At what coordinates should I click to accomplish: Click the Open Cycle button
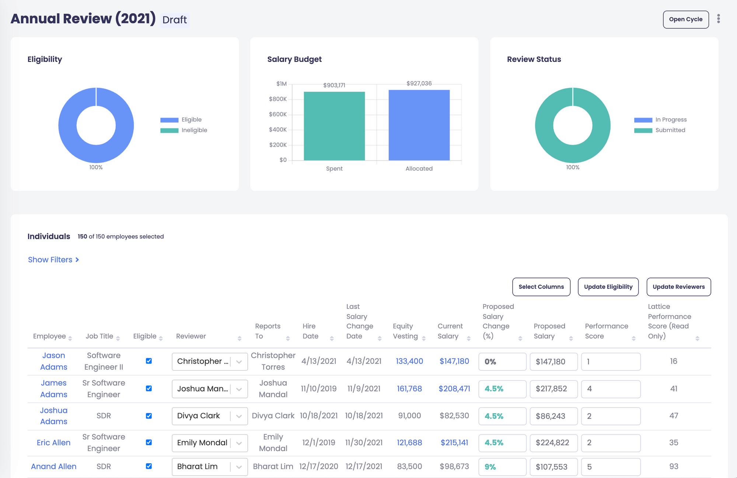coord(685,20)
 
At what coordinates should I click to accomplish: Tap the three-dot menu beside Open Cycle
coord(718,19)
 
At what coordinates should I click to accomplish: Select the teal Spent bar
coord(334,126)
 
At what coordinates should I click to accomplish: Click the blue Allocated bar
coord(419,125)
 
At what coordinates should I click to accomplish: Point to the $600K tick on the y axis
coord(278,114)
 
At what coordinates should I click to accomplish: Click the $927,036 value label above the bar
coord(419,83)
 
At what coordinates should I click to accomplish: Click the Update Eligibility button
coord(608,287)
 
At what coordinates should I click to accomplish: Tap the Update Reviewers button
coord(678,287)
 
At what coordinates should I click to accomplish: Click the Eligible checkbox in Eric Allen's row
coord(149,442)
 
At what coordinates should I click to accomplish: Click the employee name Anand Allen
coord(54,466)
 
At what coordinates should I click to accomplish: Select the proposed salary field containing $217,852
coord(553,389)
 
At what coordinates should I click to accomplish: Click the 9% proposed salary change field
coord(502,467)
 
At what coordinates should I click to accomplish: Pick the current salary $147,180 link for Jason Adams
coord(454,361)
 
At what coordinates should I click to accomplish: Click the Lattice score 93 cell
coord(673,466)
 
